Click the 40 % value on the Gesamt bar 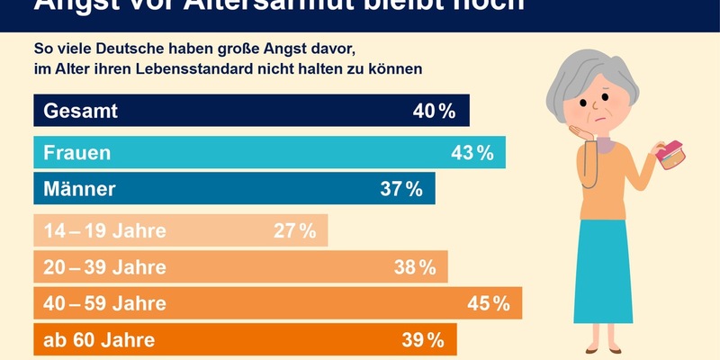[x=435, y=112]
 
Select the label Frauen [x=77, y=153]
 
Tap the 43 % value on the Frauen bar [x=472, y=153]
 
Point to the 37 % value [x=400, y=189]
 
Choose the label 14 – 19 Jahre [x=105, y=230]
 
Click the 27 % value [x=294, y=230]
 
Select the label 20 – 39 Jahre [x=105, y=267]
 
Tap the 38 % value [x=414, y=267]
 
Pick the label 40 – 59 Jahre [x=105, y=303]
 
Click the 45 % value [x=489, y=303]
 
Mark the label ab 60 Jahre [x=99, y=340]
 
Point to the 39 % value [x=423, y=340]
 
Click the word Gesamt [x=81, y=112]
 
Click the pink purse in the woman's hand [x=670, y=156]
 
